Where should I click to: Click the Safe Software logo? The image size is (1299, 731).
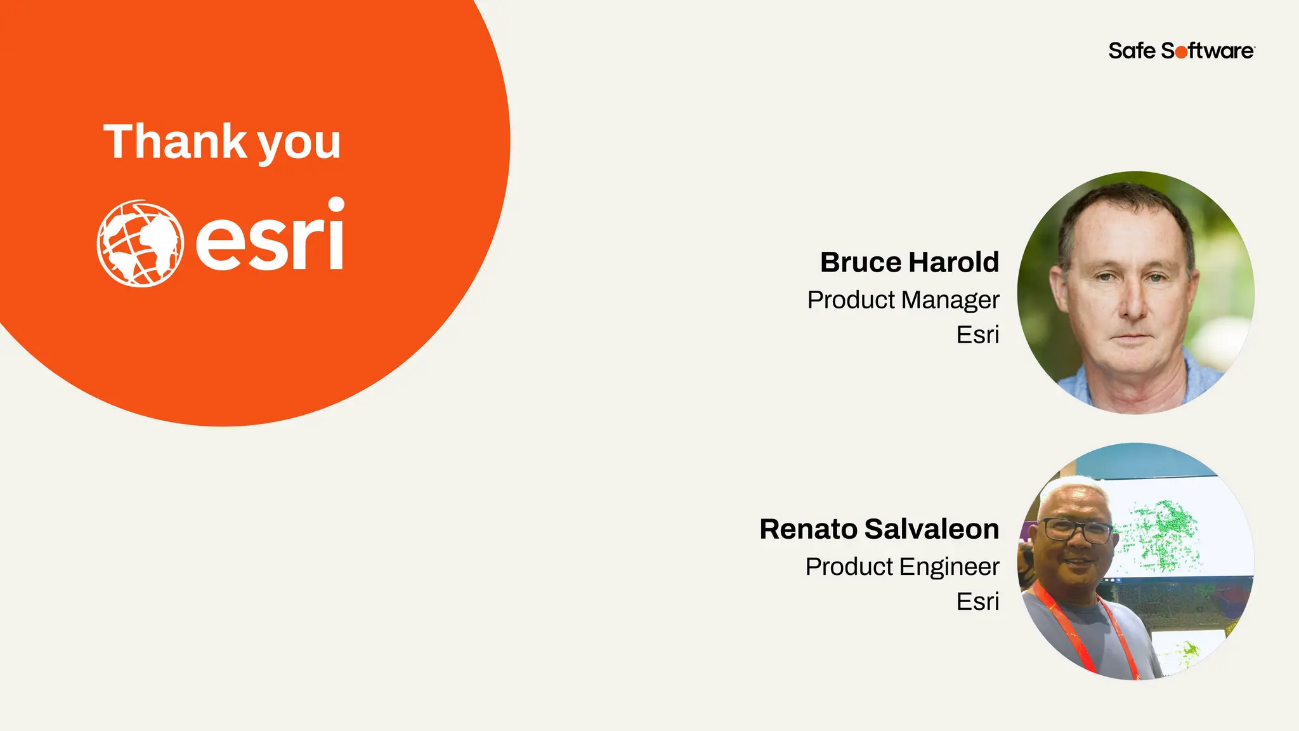click(x=1181, y=51)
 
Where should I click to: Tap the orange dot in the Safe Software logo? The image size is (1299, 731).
click(x=1181, y=52)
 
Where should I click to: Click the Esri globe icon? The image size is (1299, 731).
click(x=140, y=244)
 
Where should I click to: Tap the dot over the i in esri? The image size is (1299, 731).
click(x=335, y=205)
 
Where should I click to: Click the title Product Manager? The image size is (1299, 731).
click(x=903, y=300)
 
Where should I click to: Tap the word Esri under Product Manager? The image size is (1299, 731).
click(x=977, y=335)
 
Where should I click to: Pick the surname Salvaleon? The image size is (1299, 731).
click(x=931, y=529)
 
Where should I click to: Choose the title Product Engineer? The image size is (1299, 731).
click(x=902, y=567)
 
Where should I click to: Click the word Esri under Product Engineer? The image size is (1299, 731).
click(x=977, y=602)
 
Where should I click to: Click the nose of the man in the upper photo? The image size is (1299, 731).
click(x=1132, y=305)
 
